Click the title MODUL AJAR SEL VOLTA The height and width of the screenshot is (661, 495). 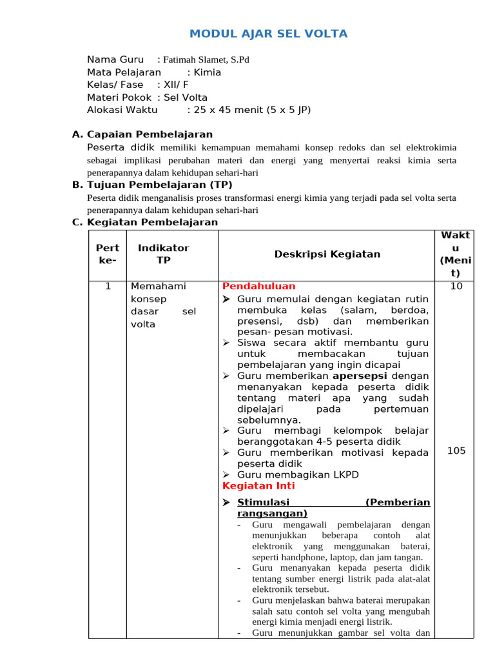[x=268, y=34]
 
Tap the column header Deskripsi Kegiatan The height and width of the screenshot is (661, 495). [x=327, y=254]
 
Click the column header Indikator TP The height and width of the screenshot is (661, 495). [x=164, y=254]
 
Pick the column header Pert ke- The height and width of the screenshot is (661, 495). [x=108, y=254]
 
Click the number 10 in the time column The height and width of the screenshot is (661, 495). [x=456, y=286]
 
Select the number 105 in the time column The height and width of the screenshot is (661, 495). [x=456, y=451]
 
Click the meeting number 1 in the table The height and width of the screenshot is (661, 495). [x=108, y=286]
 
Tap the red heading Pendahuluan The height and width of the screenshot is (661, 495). [x=259, y=286]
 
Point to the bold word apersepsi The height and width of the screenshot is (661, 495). [x=360, y=375]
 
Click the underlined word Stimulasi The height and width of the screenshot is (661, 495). [x=264, y=502]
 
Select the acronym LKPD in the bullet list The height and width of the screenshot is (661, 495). [x=345, y=474]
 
